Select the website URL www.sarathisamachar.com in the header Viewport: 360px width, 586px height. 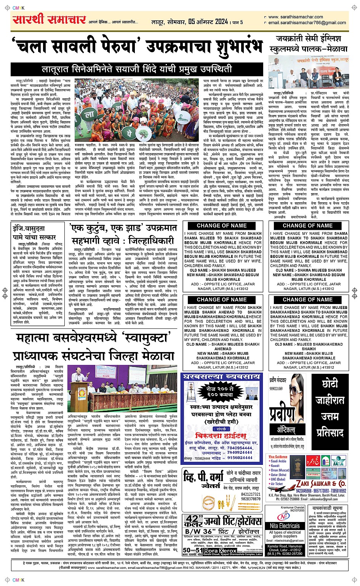tap(295, 17)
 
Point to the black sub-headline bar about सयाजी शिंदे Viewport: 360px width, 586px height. tap(137, 69)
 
